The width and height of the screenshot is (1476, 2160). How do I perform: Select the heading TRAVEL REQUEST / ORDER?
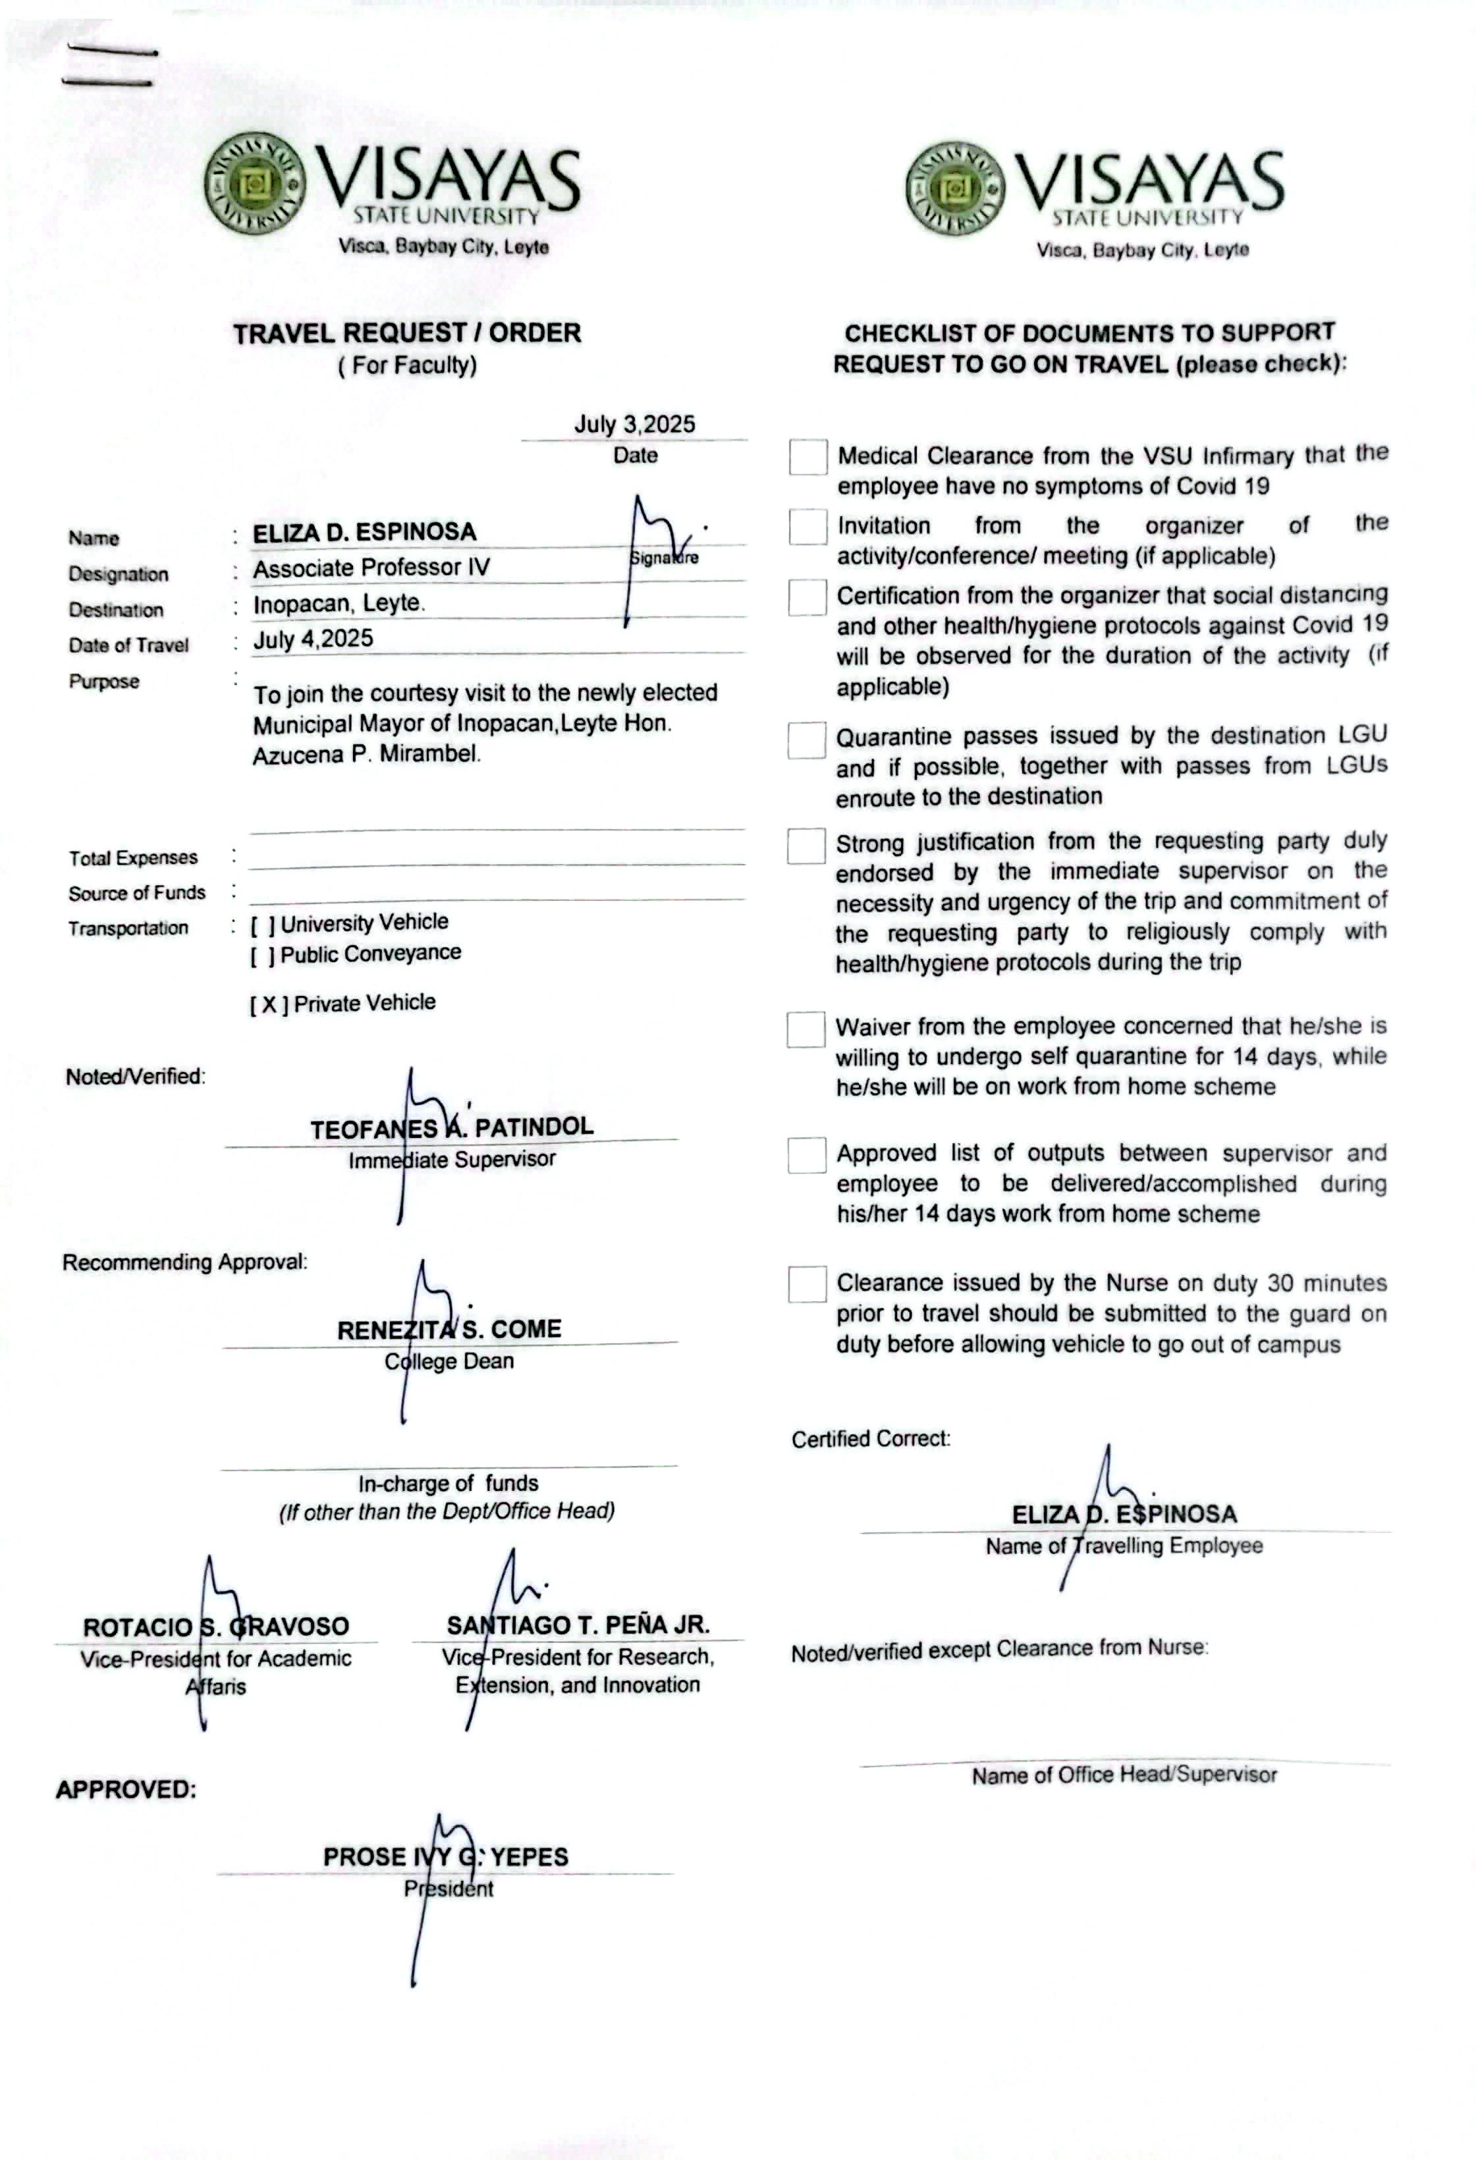(406, 333)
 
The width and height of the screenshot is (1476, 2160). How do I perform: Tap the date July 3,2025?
(634, 424)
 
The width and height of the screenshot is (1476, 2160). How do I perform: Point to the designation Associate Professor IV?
(371, 568)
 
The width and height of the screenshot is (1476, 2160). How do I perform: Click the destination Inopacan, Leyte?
(339, 603)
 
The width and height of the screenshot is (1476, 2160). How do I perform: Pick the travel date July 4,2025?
(314, 639)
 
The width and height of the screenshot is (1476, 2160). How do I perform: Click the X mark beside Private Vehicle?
(269, 1005)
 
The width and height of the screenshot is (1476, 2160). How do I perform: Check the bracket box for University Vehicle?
(262, 925)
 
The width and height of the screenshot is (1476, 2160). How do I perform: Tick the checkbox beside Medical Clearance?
(807, 457)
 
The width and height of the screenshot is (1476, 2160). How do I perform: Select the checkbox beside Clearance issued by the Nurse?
(806, 1283)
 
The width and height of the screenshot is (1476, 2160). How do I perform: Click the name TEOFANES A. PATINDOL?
(452, 1128)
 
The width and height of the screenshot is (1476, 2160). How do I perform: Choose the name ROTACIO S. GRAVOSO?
(215, 1627)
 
